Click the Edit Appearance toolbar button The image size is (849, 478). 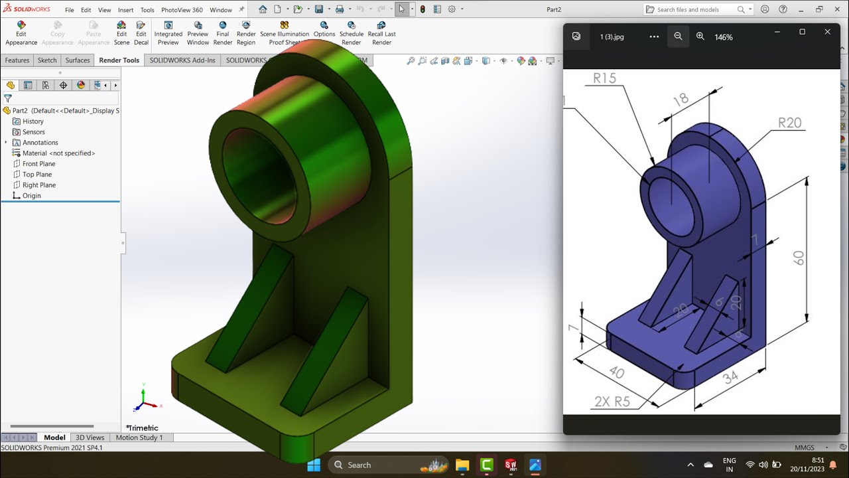[21, 33]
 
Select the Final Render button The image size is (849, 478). [223, 33]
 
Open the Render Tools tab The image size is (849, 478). [119, 60]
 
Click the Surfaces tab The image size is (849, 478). [78, 60]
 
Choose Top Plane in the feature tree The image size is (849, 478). [36, 175]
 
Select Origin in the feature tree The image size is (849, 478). [31, 196]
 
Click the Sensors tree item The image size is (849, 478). [33, 132]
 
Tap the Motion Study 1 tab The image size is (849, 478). [139, 438]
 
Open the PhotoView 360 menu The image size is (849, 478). [182, 10]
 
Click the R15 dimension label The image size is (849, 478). [604, 78]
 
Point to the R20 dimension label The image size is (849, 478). [789, 123]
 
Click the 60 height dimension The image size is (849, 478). [799, 258]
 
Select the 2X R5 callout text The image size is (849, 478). [612, 402]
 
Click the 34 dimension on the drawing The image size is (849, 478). [730, 378]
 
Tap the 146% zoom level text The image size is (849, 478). [724, 37]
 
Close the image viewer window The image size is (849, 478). [827, 32]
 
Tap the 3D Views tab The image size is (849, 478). [90, 438]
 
